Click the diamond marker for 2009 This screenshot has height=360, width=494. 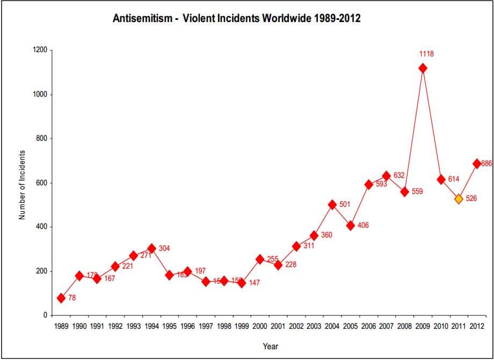click(423, 68)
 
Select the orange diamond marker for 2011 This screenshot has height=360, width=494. click(459, 199)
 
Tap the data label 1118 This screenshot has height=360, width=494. click(427, 54)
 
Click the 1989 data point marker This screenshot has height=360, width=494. click(61, 298)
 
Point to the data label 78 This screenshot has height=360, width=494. click(72, 298)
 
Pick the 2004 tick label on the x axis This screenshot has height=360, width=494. click(332, 326)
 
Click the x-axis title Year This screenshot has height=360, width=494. click(270, 347)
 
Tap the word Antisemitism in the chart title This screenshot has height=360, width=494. click(142, 18)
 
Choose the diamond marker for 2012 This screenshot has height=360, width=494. click(476, 164)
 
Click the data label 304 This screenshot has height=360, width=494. click(164, 248)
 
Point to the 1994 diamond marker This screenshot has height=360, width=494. click(151, 248)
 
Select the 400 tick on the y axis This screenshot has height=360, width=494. click(41, 227)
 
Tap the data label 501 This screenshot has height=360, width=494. click(345, 205)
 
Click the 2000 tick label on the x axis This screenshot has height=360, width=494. click(260, 326)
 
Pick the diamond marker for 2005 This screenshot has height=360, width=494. click(350, 226)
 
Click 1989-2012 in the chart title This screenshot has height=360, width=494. click(333, 18)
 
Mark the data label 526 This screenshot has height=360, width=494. click(471, 199)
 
